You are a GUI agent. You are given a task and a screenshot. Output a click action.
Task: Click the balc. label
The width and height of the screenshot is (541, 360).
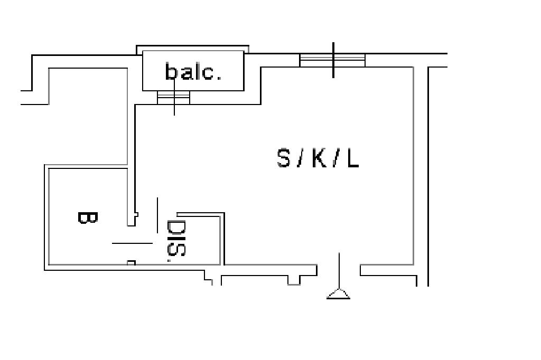(193, 72)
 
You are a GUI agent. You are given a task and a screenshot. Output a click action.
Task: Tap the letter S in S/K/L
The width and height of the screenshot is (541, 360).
(284, 158)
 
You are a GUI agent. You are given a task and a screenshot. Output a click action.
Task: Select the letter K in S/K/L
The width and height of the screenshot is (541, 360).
(319, 158)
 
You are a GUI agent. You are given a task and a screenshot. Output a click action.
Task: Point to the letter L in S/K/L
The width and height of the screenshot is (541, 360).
(353, 158)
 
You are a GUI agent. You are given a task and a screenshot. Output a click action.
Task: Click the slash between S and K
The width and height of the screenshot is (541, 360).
(301, 158)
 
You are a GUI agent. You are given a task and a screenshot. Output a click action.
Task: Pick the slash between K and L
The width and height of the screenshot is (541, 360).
(337, 158)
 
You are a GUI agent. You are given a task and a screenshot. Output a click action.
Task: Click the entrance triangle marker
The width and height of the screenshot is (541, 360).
(338, 294)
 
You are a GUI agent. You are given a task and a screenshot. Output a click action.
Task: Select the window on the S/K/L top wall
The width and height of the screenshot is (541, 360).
(332, 60)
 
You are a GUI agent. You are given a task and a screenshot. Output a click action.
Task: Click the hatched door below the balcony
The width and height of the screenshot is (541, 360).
(173, 98)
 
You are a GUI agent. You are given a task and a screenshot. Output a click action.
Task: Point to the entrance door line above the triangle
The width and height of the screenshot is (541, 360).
(339, 269)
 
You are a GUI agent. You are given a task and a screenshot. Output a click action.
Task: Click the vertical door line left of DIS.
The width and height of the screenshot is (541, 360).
(157, 215)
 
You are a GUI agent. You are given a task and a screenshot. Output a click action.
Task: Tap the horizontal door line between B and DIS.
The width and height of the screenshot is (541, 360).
(132, 243)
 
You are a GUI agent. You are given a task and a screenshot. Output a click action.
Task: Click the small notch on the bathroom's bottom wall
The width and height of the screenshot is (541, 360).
(131, 262)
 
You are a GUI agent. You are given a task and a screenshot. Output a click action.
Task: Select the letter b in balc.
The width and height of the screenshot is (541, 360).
(172, 71)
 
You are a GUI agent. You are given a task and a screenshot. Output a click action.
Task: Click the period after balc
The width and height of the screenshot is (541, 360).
(219, 78)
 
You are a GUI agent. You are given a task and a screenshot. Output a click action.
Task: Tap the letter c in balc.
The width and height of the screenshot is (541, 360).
(208, 73)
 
